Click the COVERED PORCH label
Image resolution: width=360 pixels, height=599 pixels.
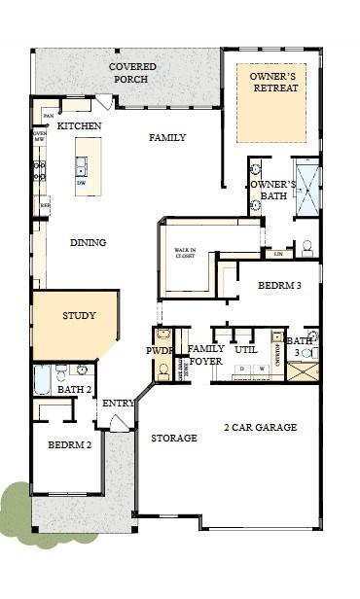[x=132, y=72]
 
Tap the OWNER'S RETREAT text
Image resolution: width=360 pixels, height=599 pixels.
[x=273, y=82]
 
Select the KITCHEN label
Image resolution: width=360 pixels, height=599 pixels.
[x=80, y=126]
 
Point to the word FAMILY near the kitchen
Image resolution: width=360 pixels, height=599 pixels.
[x=167, y=138]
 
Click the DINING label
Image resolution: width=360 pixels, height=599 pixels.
[x=88, y=242]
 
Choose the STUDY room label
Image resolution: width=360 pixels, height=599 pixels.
[x=79, y=316]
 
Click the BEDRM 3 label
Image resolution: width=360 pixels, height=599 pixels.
[x=279, y=287]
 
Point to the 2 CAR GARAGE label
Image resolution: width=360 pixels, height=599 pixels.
[x=260, y=427]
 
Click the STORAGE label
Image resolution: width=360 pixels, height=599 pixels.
[x=174, y=439]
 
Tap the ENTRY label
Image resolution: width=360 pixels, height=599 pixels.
[x=118, y=404]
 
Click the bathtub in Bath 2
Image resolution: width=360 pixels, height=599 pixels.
[x=42, y=378]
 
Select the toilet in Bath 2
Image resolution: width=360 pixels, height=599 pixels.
[x=61, y=371]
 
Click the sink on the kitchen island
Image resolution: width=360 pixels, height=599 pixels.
[x=82, y=170]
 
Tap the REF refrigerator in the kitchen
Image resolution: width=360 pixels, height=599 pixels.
[x=44, y=205]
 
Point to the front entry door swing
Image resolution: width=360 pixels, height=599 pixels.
[x=119, y=423]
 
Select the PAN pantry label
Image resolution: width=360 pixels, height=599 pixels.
[x=46, y=117]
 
